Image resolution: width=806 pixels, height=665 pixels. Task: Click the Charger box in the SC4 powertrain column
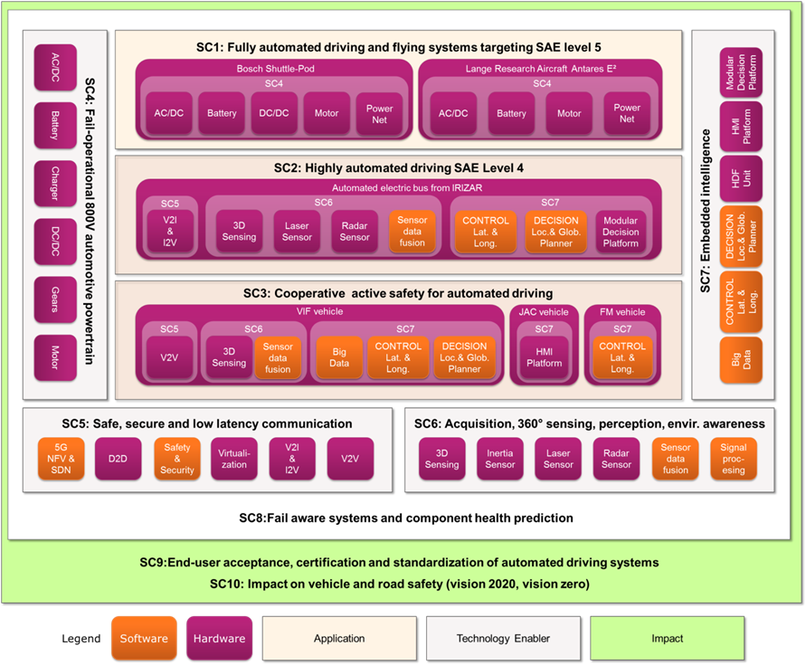click(x=55, y=185)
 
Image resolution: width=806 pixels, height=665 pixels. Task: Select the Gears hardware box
click(x=55, y=300)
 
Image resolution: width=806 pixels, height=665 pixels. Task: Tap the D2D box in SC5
click(x=118, y=458)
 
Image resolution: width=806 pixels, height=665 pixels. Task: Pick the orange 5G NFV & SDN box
click(x=61, y=458)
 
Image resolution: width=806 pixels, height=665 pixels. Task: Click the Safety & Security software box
click(x=177, y=458)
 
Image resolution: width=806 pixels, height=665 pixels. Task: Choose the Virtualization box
click(x=233, y=458)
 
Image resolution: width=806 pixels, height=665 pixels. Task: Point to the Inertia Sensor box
click(x=500, y=458)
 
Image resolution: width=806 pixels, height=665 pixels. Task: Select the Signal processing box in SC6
click(x=734, y=458)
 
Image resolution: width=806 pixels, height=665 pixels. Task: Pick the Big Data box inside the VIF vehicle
click(x=339, y=357)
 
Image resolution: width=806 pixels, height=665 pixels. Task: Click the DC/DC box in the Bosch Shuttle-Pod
click(x=274, y=113)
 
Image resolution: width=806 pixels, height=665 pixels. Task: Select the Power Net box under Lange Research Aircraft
click(x=627, y=113)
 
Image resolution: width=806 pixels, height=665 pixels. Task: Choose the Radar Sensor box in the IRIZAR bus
click(x=355, y=232)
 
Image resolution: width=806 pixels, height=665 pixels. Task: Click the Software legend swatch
click(x=145, y=638)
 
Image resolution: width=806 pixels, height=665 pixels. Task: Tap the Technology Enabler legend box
click(x=503, y=638)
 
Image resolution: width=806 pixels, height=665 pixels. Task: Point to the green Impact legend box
click(x=667, y=638)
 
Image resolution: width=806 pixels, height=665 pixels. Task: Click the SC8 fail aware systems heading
click(x=405, y=518)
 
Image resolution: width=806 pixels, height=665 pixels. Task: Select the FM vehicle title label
click(x=622, y=312)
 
